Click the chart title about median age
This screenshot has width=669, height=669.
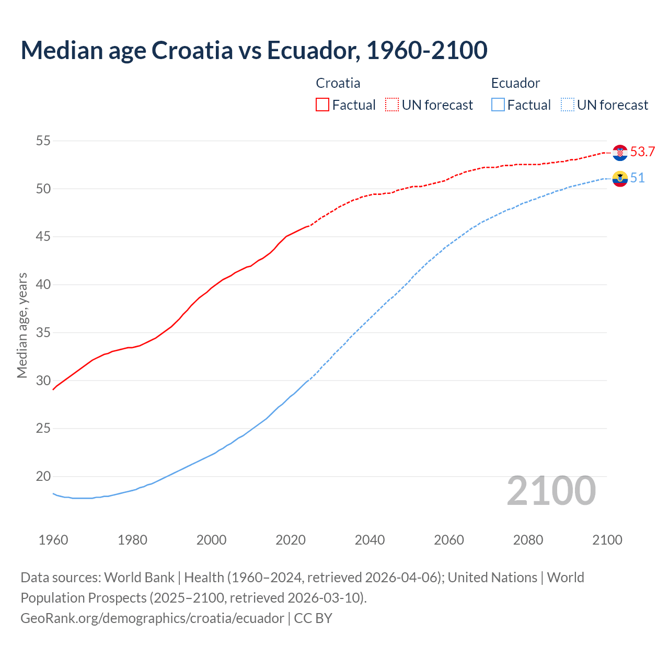(254, 50)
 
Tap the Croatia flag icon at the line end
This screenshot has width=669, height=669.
(620, 152)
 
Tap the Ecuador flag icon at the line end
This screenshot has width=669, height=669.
(620, 178)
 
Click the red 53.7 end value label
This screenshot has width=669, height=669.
(642, 152)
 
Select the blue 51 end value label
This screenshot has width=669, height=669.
(637, 178)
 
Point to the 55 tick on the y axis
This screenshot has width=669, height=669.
(43, 141)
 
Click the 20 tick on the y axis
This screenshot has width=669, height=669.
(43, 476)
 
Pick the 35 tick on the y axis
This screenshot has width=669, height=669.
(43, 332)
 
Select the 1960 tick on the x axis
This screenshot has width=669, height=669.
(53, 540)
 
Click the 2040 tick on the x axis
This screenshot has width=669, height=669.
(370, 540)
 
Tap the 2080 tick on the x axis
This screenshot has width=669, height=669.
(528, 540)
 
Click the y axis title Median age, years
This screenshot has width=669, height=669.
(22, 325)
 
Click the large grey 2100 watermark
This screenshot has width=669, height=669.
(551, 490)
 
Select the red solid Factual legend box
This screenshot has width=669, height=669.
(322, 105)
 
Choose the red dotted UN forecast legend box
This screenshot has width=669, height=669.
(392, 105)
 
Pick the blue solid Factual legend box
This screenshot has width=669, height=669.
(498, 105)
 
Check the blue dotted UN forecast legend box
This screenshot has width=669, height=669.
(568, 105)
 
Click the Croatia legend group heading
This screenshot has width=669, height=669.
(338, 83)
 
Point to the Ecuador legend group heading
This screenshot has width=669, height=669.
(515, 83)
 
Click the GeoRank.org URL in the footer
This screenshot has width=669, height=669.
(152, 618)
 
